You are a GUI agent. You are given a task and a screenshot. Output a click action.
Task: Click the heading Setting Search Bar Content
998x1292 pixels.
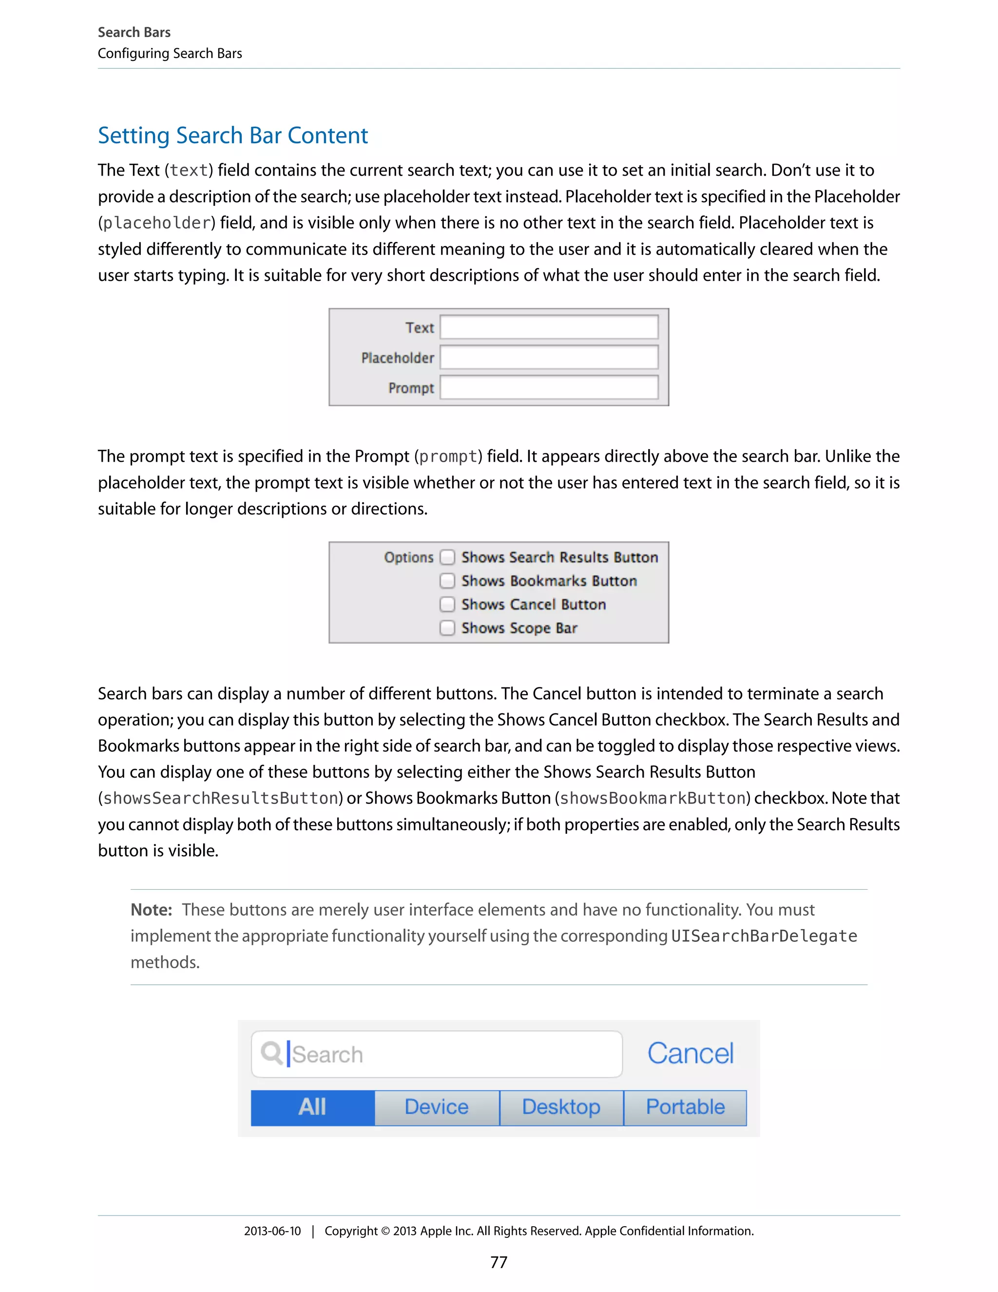232,136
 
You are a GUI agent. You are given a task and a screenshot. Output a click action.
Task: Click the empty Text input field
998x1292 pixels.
549,327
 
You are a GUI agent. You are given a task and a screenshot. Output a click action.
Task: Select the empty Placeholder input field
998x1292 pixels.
549,357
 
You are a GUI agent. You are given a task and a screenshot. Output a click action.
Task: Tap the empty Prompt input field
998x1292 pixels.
549,388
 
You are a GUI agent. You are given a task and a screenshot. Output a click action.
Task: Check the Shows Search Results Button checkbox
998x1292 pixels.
447,557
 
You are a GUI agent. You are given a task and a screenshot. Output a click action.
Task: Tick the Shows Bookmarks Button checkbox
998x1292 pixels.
447,581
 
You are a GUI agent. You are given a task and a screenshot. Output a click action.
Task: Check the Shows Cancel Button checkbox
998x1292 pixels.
447,604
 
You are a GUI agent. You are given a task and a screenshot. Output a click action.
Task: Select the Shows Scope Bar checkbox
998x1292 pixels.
447,627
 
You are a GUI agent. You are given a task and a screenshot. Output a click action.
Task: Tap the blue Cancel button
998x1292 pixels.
690,1054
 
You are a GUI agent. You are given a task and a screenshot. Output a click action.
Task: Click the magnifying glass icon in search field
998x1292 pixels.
271,1054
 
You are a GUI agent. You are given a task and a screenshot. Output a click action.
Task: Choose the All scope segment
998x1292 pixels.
312,1107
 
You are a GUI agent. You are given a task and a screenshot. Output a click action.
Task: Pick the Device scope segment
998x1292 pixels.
436,1107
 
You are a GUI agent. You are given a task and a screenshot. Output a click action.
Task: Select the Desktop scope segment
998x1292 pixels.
561,1107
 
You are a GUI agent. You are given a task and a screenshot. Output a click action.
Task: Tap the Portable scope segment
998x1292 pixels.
685,1107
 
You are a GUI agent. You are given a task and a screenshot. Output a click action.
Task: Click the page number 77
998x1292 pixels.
499,1262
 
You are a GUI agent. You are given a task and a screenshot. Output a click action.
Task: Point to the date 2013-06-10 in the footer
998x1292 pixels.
272,1231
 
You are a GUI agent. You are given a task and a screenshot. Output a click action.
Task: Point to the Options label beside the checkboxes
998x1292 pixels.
408,557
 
